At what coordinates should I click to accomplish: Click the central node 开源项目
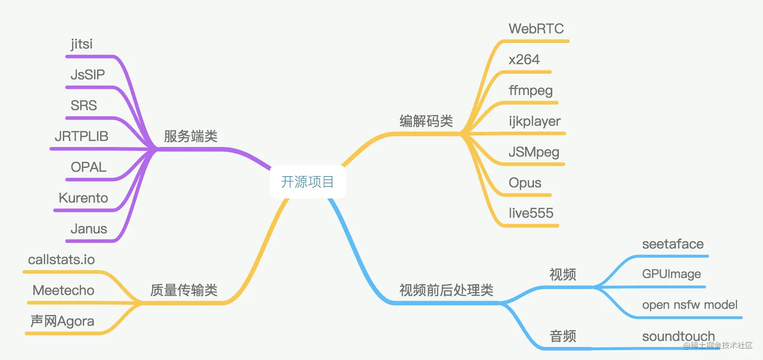(x=307, y=182)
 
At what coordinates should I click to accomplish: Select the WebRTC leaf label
(x=536, y=29)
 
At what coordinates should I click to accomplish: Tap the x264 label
(x=524, y=59)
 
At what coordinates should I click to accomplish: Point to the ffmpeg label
(x=531, y=91)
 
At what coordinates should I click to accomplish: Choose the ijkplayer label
(x=535, y=121)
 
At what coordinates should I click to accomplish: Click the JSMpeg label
(x=534, y=152)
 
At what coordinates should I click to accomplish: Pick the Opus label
(x=525, y=183)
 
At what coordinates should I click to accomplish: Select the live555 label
(x=531, y=213)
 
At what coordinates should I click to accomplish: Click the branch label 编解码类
(x=426, y=121)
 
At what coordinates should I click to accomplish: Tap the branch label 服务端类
(x=191, y=136)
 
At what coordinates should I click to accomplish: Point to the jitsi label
(x=82, y=44)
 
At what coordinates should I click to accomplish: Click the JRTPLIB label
(x=82, y=136)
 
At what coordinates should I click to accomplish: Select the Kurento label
(x=83, y=198)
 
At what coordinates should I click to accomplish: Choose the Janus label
(x=88, y=229)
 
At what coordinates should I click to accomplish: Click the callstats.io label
(x=62, y=259)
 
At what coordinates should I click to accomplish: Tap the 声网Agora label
(x=62, y=321)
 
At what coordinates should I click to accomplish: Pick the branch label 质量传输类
(x=184, y=290)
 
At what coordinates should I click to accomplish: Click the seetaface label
(x=673, y=244)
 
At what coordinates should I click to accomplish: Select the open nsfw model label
(x=690, y=305)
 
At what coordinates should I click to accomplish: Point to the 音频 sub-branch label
(x=563, y=336)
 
